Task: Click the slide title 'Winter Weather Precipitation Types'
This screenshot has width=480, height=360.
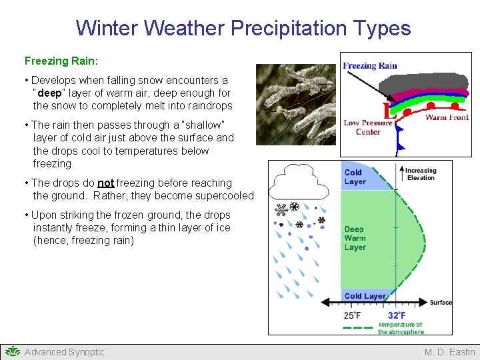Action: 243,28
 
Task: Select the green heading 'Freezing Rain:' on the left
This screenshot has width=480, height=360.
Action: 61,61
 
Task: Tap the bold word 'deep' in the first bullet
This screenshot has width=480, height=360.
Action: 50,93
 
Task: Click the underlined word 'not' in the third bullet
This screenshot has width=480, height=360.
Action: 106,183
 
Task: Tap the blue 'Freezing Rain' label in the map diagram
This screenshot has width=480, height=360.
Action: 369,65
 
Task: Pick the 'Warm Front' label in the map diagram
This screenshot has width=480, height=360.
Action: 447,117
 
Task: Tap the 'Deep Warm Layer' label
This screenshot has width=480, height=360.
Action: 355,238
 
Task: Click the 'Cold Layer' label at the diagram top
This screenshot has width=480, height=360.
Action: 355,177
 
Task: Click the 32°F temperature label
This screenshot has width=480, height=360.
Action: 397,315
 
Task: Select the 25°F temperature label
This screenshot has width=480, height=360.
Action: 353,315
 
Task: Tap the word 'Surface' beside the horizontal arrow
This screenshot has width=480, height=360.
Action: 441,303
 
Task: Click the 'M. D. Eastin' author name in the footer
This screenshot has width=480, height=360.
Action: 449,352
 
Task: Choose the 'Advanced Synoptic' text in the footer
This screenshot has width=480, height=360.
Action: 64,352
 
